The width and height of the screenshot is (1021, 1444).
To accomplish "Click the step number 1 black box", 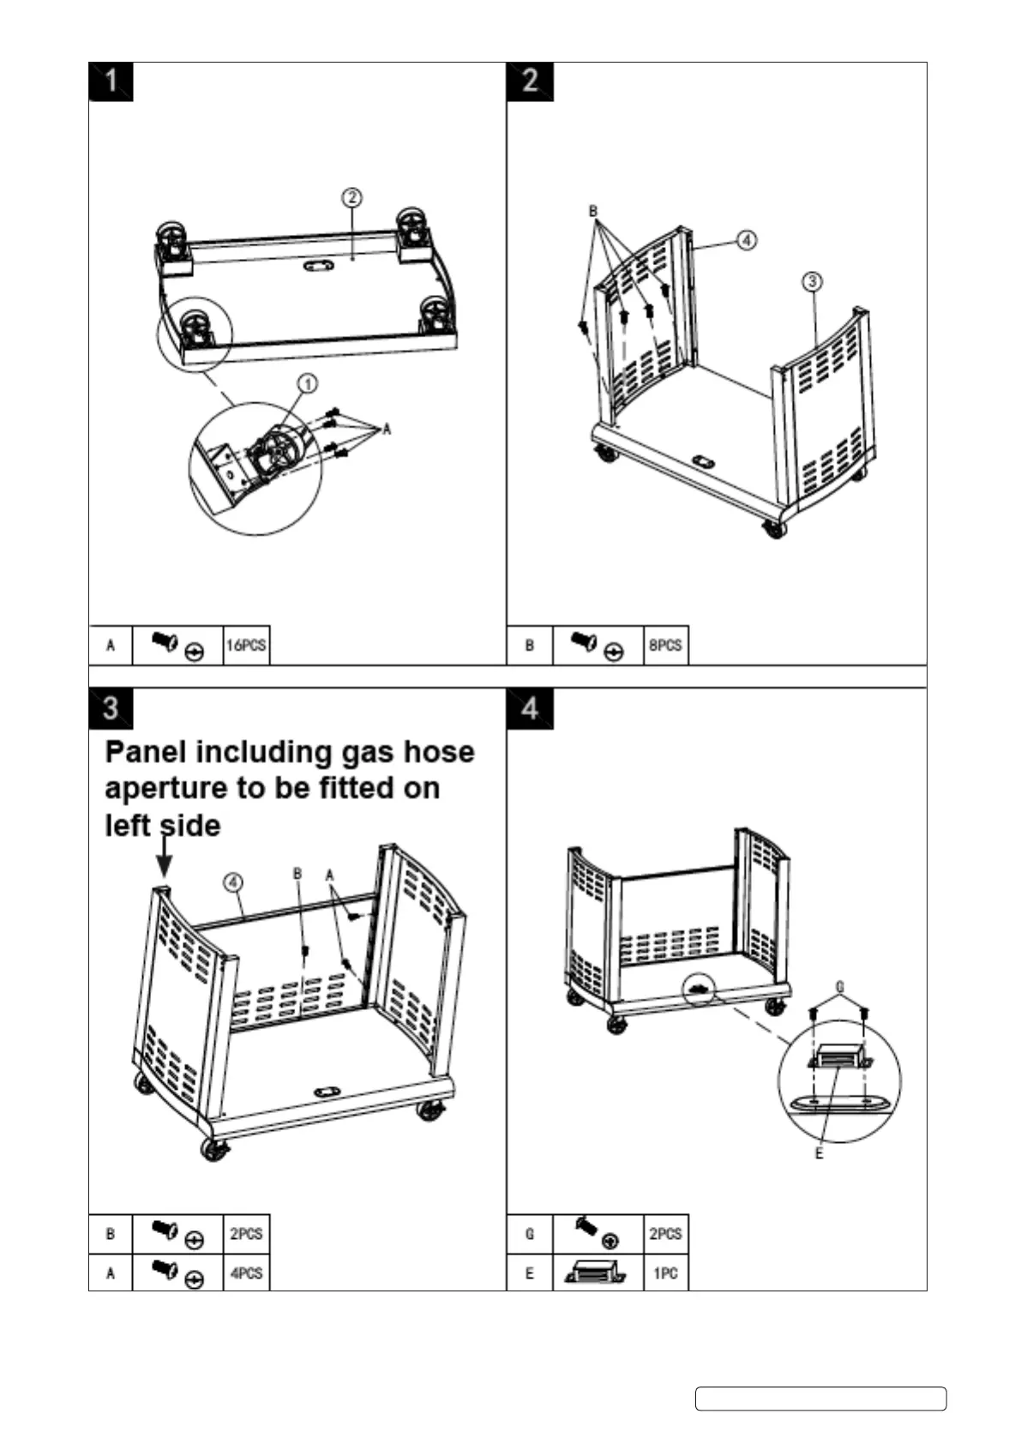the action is pyautogui.click(x=111, y=82).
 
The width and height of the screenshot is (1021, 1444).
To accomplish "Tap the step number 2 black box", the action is pyautogui.click(x=530, y=82).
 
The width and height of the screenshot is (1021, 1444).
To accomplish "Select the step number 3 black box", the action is pyautogui.click(x=111, y=709).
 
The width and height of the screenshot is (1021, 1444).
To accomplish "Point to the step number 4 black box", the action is pyautogui.click(x=530, y=709).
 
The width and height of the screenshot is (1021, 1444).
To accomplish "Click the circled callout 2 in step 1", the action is pyautogui.click(x=351, y=198).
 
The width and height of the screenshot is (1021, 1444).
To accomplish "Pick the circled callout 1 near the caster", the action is pyautogui.click(x=308, y=382).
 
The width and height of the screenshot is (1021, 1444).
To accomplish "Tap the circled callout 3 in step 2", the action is pyautogui.click(x=812, y=281).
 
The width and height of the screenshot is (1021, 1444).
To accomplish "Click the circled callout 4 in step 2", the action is pyautogui.click(x=747, y=240).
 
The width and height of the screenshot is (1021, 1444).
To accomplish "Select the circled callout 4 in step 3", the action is pyautogui.click(x=232, y=881).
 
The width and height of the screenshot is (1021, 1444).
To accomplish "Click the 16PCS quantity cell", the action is pyautogui.click(x=246, y=645).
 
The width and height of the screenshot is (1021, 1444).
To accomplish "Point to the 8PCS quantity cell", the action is pyautogui.click(x=665, y=645).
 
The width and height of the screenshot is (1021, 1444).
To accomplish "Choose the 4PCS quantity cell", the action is pyautogui.click(x=246, y=1273).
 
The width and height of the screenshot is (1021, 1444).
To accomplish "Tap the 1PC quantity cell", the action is pyautogui.click(x=665, y=1273).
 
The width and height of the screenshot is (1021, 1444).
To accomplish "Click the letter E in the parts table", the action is pyautogui.click(x=529, y=1273).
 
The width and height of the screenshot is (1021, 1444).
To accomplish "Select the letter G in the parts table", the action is pyautogui.click(x=529, y=1234).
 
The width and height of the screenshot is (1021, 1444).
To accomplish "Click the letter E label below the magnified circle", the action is pyautogui.click(x=819, y=1154).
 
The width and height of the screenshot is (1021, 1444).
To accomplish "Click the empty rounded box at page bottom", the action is pyautogui.click(x=820, y=1399).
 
